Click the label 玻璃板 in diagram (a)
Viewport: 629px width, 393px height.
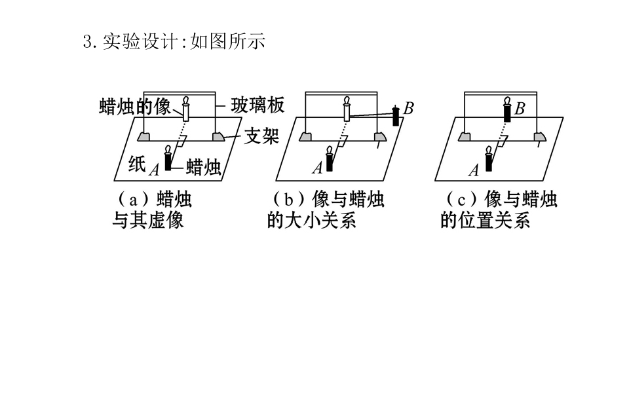(257, 105)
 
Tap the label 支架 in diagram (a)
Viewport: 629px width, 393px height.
(261, 136)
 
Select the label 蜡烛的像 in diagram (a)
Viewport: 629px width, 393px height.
(135, 106)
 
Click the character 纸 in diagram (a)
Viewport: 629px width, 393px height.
(137, 163)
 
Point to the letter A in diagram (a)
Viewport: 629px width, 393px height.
(154, 170)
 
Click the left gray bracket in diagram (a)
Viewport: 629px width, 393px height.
(143, 137)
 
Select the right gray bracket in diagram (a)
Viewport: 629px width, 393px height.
(218, 137)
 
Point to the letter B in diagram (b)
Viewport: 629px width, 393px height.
(408, 108)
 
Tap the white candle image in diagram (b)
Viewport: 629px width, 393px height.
(347, 109)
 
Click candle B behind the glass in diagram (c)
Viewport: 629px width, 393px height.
(507, 109)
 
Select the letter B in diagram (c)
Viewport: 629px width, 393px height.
(520, 109)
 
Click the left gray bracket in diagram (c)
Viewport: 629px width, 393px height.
(465, 137)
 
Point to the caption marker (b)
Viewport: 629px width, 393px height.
(288, 199)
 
